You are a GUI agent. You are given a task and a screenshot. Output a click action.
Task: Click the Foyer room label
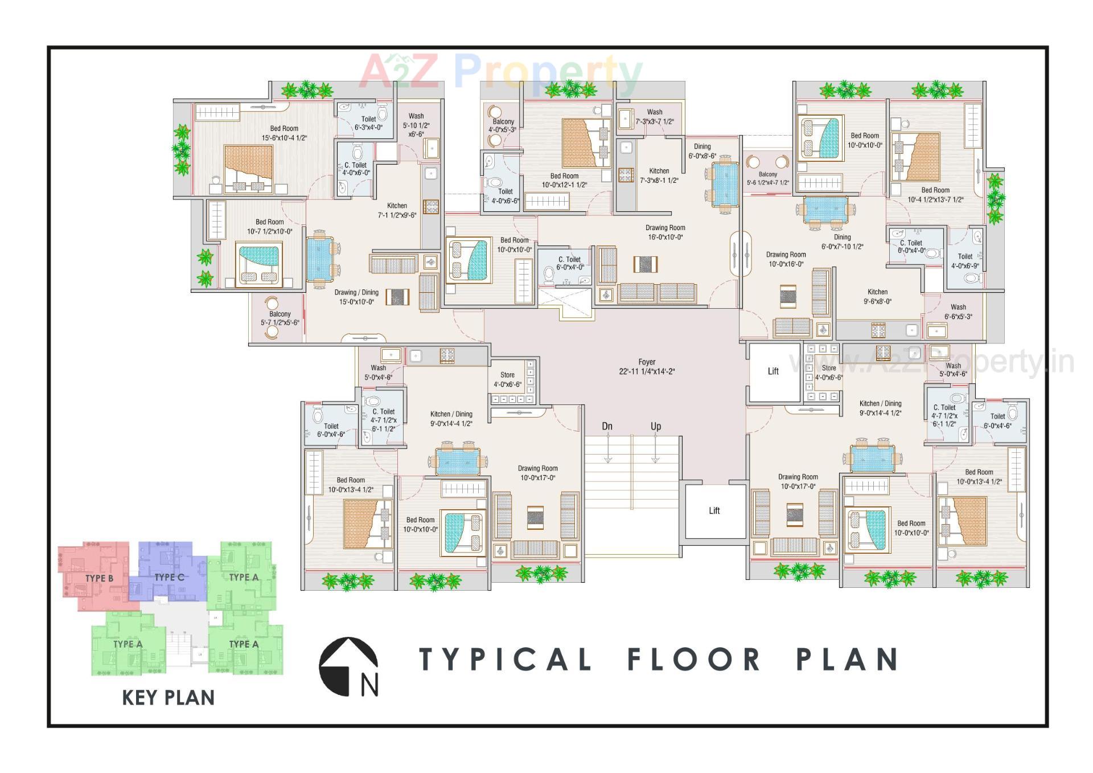647,367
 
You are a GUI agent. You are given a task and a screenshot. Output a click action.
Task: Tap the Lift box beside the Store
773,371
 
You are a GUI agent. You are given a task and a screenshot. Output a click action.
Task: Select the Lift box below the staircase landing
714,511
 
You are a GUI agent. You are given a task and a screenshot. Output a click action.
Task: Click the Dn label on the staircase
607,427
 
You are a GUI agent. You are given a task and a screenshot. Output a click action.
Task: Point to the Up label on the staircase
656,427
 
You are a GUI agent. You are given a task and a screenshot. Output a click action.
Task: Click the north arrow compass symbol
349,666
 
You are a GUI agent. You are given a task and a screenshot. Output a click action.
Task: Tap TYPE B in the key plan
99,578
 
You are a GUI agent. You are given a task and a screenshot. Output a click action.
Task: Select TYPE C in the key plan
169,577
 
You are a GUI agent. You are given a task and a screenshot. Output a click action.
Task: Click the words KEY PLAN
168,698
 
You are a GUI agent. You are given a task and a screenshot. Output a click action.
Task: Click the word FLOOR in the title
694,660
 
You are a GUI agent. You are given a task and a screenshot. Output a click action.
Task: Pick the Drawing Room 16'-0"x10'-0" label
665,232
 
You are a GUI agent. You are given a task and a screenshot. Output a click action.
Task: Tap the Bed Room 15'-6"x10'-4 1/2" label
284,133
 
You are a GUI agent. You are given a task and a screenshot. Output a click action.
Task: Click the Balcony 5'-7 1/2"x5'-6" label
280,318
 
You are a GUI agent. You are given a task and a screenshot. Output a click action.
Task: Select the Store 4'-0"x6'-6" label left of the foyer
507,379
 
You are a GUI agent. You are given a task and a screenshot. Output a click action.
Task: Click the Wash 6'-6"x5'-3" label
958,312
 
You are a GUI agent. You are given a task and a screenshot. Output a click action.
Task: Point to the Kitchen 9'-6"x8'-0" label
877,296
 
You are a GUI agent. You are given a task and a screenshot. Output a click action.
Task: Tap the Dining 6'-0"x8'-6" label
702,151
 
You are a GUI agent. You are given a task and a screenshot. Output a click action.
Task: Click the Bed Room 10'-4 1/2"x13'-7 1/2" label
935,195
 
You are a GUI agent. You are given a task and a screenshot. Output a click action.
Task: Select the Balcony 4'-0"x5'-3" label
503,125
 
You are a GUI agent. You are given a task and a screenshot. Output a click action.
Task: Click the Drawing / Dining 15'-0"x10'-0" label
356,297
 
